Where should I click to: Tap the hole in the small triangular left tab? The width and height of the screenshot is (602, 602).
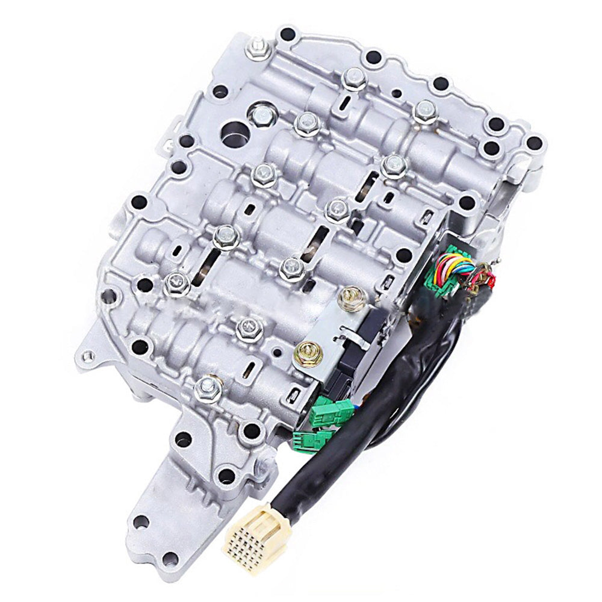pos(89,355)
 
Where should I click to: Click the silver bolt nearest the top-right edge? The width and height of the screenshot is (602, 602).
pos(425,110)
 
